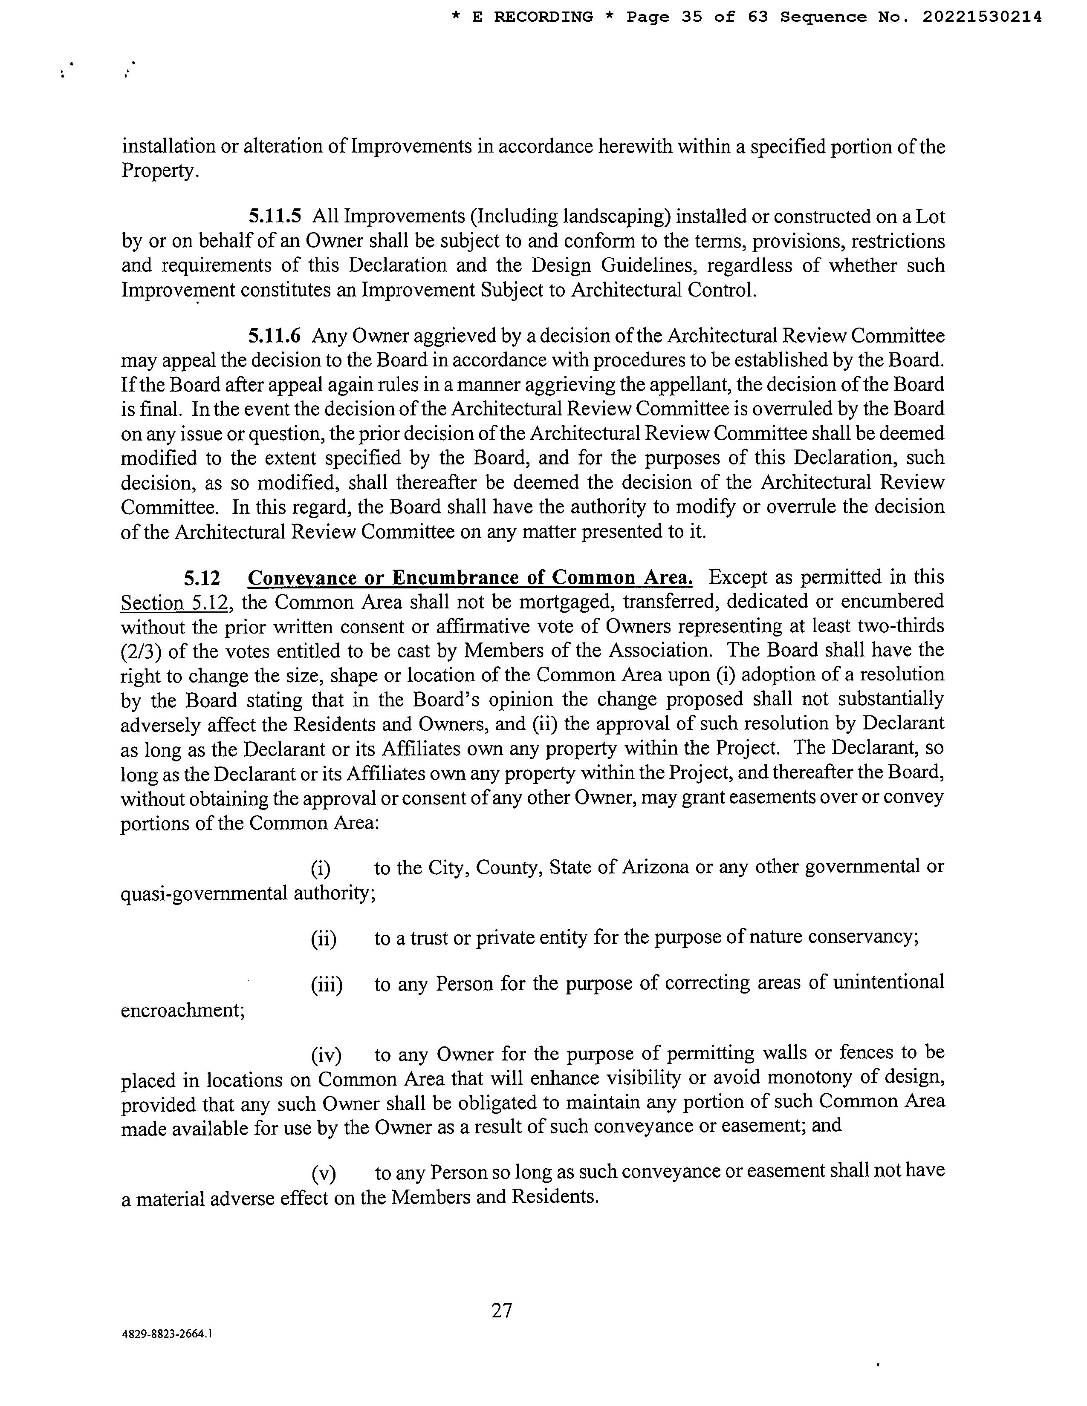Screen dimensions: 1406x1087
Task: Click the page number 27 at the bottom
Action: click(502, 1309)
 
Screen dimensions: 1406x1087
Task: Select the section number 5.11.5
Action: click(275, 216)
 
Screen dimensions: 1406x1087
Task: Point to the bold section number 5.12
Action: click(202, 577)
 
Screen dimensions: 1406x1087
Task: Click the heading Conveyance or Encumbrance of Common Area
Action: click(470, 577)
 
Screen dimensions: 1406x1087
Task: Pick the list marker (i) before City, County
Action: click(321, 868)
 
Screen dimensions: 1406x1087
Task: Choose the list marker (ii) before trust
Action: click(323, 939)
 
